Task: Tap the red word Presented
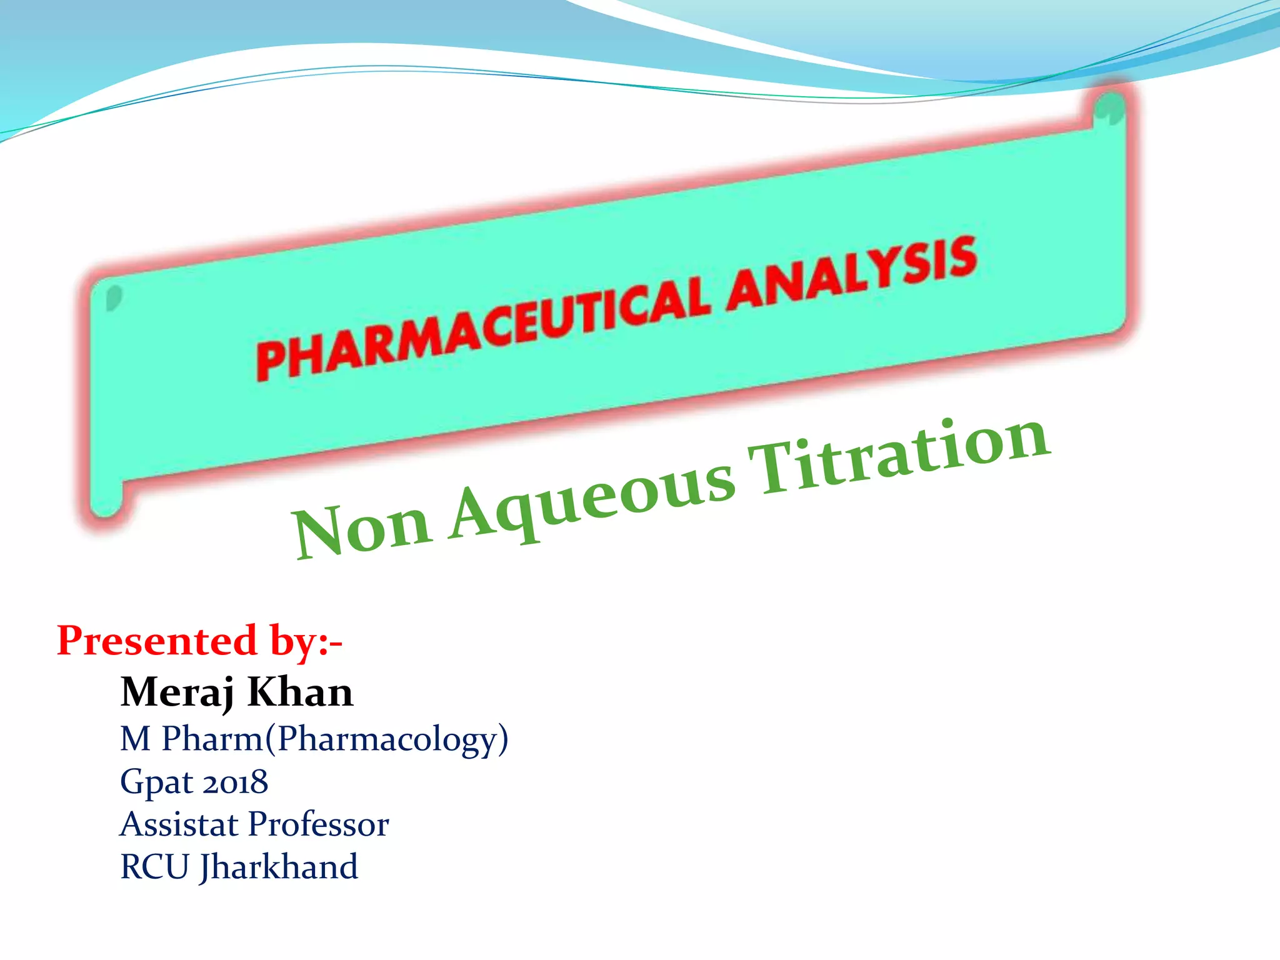pos(157,641)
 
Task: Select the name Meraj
pos(177,692)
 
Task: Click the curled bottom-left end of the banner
pos(106,500)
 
